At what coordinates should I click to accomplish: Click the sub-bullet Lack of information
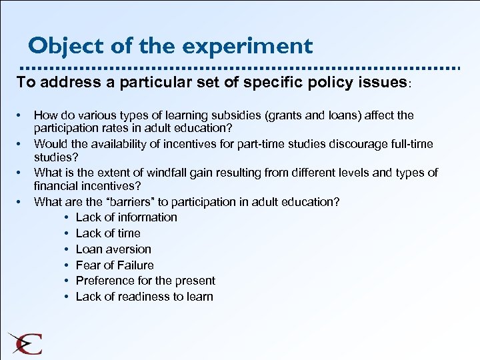point(126,217)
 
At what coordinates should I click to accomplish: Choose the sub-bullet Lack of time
point(108,233)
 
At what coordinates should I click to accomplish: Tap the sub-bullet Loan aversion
point(113,249)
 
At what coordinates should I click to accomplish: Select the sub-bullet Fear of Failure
point(115,265)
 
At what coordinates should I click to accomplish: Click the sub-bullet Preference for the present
point(145,281)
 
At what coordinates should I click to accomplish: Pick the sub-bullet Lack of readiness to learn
point(144,297)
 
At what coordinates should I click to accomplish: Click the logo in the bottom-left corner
point(25,343)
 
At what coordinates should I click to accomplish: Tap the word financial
point(59,187)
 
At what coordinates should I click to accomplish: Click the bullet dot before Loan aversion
point(69,249)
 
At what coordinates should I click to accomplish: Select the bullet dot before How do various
point(22,115)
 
